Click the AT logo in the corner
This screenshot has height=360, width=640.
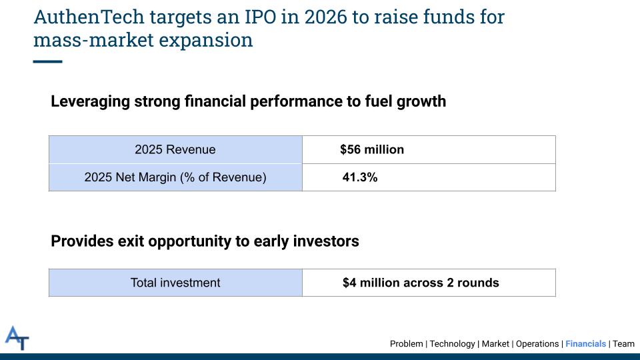tap(17, 338)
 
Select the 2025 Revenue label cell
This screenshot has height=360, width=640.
tap(175, 149)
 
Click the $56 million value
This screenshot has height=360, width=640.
tap(372, 149)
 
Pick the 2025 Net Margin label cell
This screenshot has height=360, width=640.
tap(175, 177)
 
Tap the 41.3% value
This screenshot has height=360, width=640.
tap(360, 177)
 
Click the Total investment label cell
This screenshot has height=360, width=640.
tap(175, 283)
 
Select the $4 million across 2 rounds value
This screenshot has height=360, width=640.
tap(421, 283)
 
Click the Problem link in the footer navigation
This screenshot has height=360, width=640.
tap(406, 344)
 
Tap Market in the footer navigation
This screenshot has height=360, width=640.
tap(495, 344)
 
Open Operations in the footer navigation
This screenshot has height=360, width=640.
tap(537, 344)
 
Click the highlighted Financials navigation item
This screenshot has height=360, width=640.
tap(586, 344)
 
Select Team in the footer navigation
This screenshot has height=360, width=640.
tap(624, 344)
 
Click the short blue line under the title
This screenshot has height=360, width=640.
tap(47, 61)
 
